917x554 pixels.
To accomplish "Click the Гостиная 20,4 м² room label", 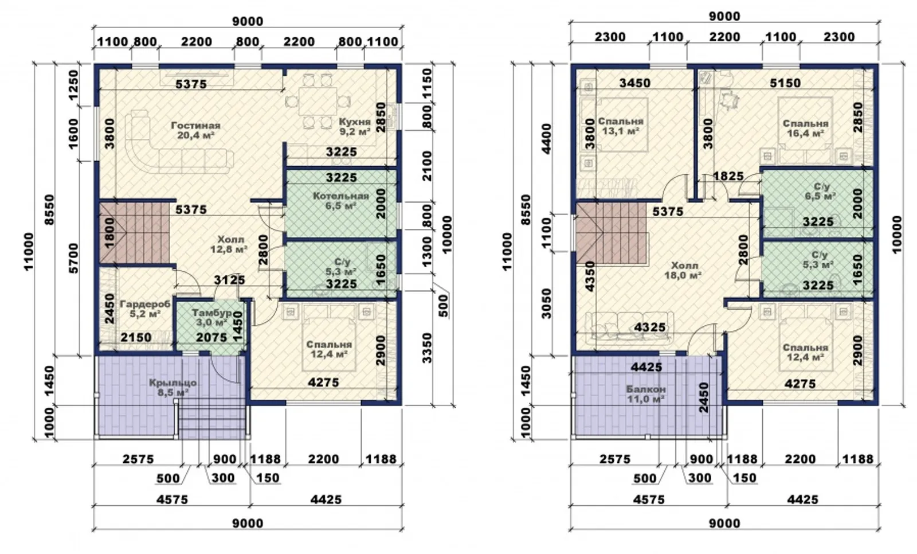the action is pos(195,130).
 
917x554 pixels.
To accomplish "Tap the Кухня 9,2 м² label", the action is pos(355,126).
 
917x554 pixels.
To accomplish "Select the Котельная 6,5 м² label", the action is pos(340,200).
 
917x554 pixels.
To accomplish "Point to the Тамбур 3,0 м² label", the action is pos(211,318).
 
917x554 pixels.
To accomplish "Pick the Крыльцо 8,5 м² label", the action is pos(173,388).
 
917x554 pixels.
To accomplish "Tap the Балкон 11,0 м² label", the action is pos(646,394).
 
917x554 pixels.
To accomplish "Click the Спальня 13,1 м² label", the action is pos(621,126).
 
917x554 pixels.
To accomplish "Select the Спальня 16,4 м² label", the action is pos(805,128).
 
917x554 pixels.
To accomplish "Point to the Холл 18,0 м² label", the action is pos(683,271).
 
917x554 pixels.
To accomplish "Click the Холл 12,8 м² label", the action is pos(229,244).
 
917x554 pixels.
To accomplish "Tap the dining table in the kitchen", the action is pos(318,101).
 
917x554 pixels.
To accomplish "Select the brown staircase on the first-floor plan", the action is pos(134,233).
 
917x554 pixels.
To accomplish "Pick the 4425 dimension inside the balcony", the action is pos(646,367).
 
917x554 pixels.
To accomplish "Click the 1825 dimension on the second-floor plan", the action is pos(728,176).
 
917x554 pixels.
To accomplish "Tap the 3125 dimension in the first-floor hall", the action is pos(230,280).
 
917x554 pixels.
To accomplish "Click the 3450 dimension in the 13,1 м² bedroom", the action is pos(635,83).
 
